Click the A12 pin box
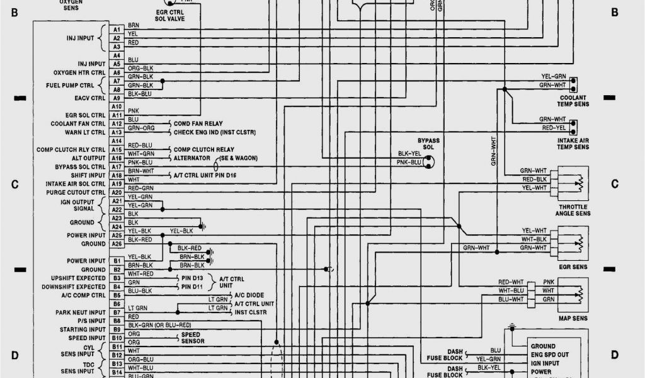point(117,123)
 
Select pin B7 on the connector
point(117,312)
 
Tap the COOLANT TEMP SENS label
point(573,101)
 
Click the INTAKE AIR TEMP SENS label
point(573,144)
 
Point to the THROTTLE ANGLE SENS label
point(573,210)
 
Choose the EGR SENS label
point(573,267)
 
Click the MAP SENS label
point(573,318)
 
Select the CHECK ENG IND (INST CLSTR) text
point(215,132)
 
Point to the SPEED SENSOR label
point(193,338)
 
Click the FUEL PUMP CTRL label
point(70,85)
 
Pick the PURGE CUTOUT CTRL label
point(75,192)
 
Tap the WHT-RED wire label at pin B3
point(140,274)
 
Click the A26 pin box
point(117,244)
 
